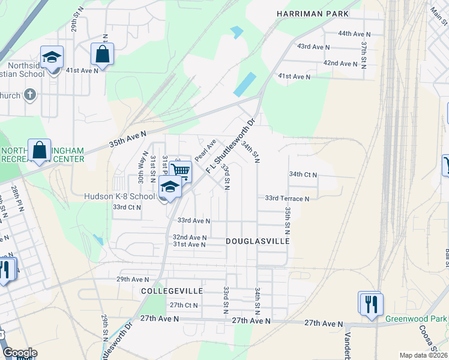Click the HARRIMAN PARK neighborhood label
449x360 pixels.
pyautogui.click(x=312, y=13)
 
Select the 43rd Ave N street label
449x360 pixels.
pyautogui.click(x=313, y=47)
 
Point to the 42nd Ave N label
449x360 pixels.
pyautogui.click(x=340, y=63)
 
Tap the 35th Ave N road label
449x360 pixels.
pyautogui.click(x=128, y=140)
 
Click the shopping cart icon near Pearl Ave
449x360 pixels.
pyautogui.click(x=181, y=171)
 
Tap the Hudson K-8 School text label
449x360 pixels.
pyautogui.click(x=119, y=196)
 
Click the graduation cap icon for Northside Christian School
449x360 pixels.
pyautogui.click(x=52, y=57)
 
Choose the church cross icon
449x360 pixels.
pyautogui.click(x=30, y=95)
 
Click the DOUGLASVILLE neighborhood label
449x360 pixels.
pyautogui.click(x=258, y=241)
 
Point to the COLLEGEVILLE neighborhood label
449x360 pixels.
pyautogui.click(x=169, y=290)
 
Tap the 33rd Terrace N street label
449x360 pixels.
pyautogui.click(x=287, y=199)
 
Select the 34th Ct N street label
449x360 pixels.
pyautogui.click(x=303, y=175)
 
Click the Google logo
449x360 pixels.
pyautogui.click(x=20, y=353)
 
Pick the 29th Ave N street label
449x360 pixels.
pyautogui.click(x=132, y=280)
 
